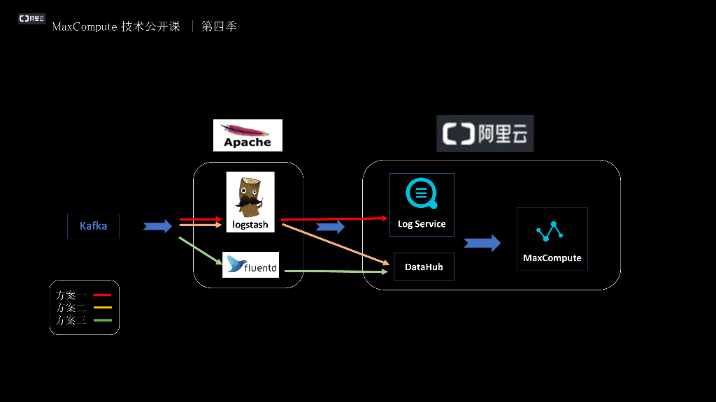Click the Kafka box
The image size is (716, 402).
point(93,226)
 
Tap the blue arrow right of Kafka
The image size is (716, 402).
point(157,226)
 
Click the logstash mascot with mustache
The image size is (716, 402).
point(250,197)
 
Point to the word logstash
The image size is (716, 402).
point(250,225)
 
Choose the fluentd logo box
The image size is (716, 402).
point(251,265)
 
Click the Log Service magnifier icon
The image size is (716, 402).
point(422,193)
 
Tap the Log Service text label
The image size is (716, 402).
point(422,224)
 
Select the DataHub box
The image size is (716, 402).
point(424,267)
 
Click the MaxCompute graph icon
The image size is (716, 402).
point(550,231)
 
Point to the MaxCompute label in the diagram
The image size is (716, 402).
point(552,258)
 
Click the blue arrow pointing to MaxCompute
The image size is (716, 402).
point(482,243)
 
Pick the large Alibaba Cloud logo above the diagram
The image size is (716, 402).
point(485,133)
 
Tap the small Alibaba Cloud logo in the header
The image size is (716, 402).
point(31,18)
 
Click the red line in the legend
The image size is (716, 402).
point(102,295)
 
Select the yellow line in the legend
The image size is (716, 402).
point(102,308)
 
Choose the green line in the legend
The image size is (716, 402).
point(102,320)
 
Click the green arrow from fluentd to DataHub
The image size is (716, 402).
point(336,271)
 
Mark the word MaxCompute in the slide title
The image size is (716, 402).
point(85,27)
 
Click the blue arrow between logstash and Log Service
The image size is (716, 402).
point(330,227)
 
